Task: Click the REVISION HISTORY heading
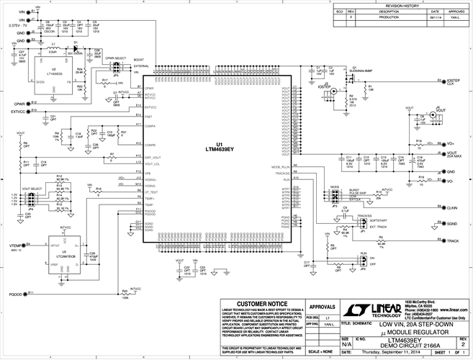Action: pyautogui.click(x=410, y=4)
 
